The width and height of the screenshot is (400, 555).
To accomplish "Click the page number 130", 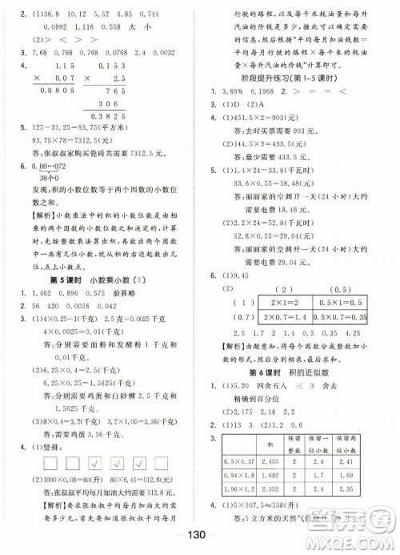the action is click(199, 535).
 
